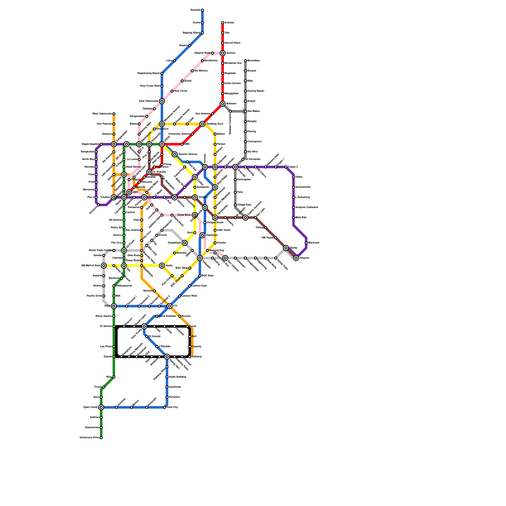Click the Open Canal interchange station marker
101,407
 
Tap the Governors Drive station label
89,438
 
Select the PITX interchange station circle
114,306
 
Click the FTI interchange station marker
170,306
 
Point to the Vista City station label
172,407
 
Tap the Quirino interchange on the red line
223,53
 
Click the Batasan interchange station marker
223,104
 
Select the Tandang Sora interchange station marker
202,124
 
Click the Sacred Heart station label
232,43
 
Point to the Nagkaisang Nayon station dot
162,73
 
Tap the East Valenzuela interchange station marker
162,101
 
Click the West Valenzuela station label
102,114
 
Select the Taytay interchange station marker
286,248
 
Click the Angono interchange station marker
296,258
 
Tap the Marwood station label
313,243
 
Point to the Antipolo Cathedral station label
306,207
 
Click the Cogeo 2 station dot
286,167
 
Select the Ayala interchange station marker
162,266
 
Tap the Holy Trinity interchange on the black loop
144,326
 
